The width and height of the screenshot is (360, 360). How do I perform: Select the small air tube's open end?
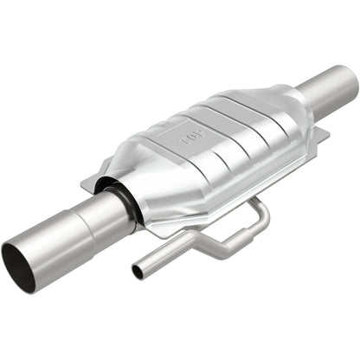point(138,272)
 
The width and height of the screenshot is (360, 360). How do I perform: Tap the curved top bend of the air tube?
point(258,208)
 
